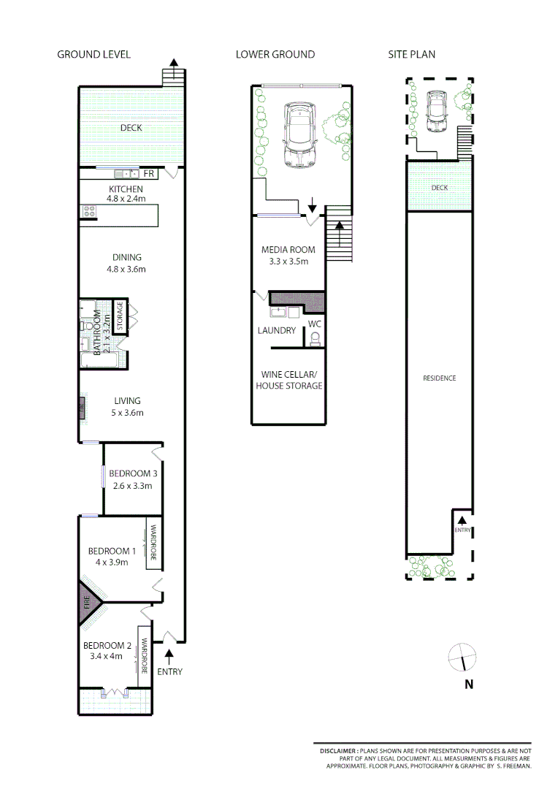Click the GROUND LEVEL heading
click(93, 55)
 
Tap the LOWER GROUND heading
click(275, 55)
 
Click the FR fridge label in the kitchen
click(148, 174)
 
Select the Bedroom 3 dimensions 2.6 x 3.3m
click(131, 486)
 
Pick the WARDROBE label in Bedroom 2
click(145, 657)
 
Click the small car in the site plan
click(437, 112)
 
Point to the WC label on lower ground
click(315, 324)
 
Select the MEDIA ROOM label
click(289, 250)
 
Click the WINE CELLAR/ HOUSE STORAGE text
click(289, 380)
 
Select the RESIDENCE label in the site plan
click(440, 378)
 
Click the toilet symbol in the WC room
click(315, 340)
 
